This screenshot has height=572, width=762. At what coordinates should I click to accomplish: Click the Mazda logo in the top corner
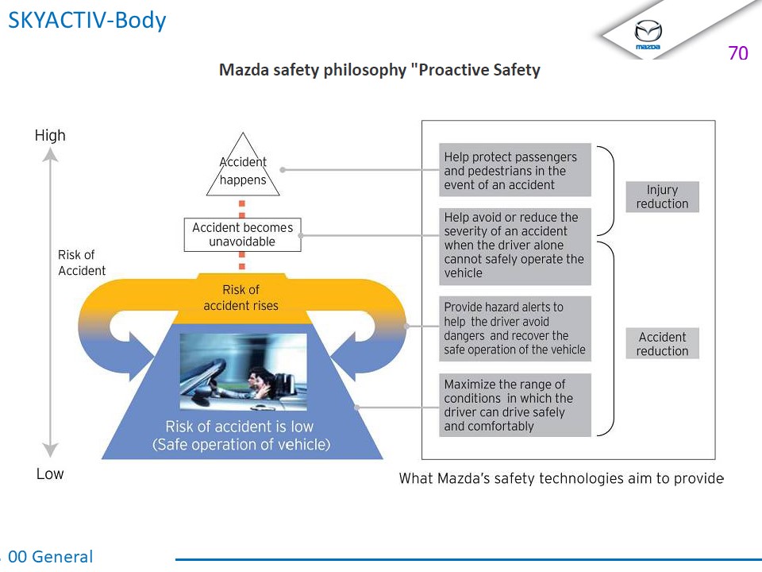click(x=648, y=34)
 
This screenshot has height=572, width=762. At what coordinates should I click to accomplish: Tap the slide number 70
click(x=737, y=53)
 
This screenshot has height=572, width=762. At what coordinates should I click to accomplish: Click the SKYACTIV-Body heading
click(x=87, y=20)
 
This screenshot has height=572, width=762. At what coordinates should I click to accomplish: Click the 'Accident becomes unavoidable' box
click(x=242, y=234)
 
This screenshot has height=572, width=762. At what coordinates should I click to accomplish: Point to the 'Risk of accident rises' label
click(x=241, y=297)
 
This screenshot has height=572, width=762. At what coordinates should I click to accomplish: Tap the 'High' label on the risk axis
click(x=50, y=136)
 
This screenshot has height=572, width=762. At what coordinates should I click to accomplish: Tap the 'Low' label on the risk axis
click(x=50, y=474)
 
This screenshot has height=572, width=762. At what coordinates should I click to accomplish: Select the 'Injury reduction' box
click(x=662, y=196)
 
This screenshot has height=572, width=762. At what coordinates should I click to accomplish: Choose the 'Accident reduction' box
click(x=662, y=344)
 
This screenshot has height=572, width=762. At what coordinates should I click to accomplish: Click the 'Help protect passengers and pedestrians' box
click(x=515, y=170)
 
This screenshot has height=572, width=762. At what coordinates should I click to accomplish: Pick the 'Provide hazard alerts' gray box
click(x=515, y=328)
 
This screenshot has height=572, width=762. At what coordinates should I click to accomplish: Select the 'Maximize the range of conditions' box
click(x=515, y=405)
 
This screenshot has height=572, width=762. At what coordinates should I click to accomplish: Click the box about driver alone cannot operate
click(x=515, y=245)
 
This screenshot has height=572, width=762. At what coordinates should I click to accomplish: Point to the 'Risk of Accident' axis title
click(x=81, y=263)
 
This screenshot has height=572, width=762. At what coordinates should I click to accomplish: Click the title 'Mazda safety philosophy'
click(x=379, y=70)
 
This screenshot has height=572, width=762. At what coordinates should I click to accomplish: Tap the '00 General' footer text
click(x=50, y=557)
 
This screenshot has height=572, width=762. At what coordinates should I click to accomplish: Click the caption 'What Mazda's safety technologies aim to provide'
click(x=561, y=478)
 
